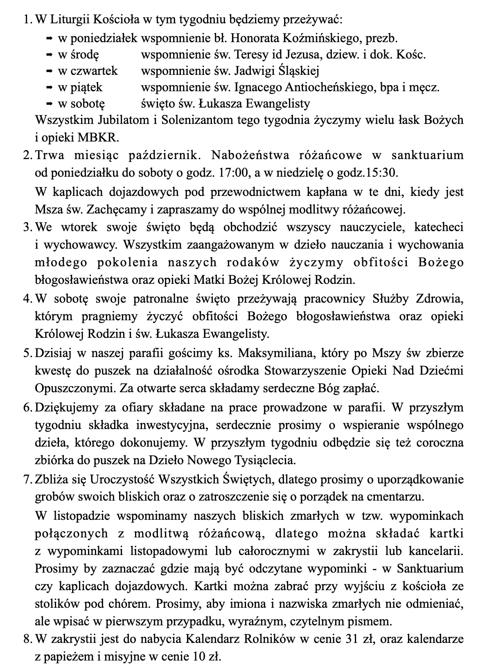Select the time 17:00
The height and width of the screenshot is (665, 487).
click(x=234, y=173)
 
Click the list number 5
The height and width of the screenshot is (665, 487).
click(x=27, y=353)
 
